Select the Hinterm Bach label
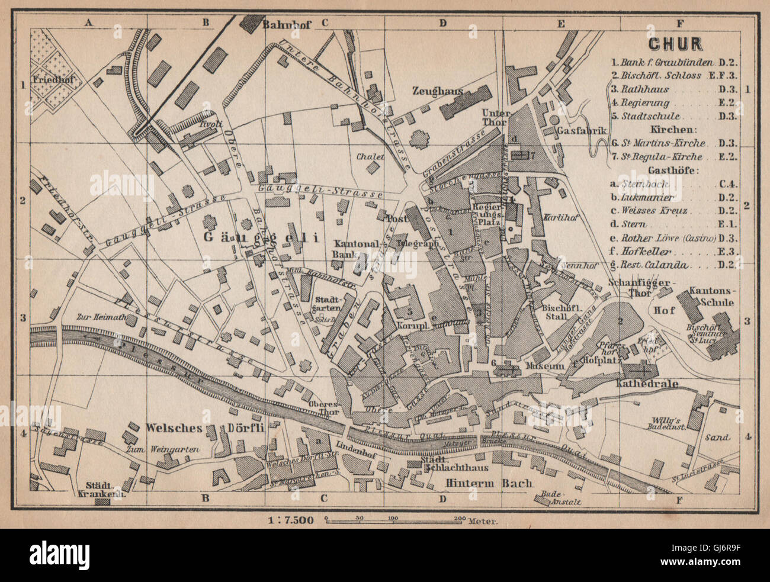[x=489, y=483]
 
